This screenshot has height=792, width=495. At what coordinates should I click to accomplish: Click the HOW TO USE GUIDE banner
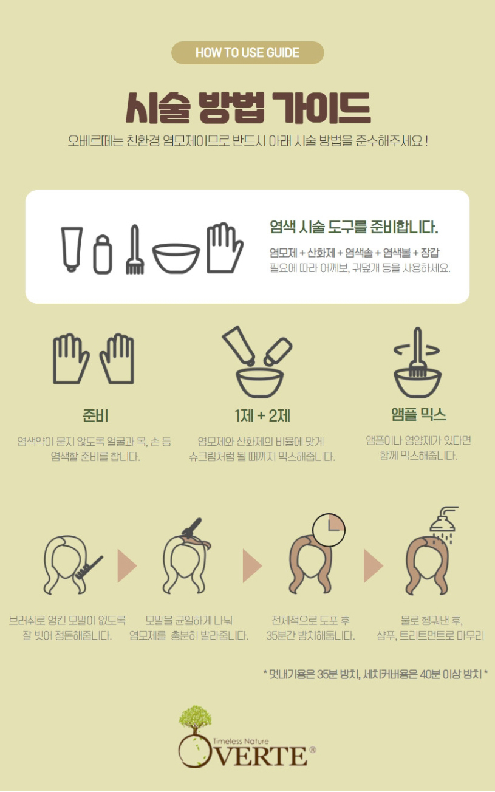tap(248, 53)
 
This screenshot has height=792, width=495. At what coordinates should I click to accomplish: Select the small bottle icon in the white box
tap(103, 254)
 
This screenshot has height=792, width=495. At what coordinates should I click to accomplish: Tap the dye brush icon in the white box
tap(135, 249)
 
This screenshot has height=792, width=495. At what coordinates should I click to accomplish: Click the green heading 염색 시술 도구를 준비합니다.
tap(354, 227)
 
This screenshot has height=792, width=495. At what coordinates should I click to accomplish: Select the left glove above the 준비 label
tap(70, 358)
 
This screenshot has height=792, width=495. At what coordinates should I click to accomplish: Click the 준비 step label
tap(95, 415)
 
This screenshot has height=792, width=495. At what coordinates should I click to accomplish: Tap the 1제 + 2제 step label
tap(262, 415)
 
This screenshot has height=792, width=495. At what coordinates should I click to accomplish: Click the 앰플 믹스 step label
tap(418, 414)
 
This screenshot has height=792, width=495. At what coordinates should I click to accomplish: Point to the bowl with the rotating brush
tap(418, 382)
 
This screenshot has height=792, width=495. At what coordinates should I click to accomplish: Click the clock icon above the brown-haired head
tap(329, 530)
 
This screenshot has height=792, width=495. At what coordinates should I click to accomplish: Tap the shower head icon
tap(444, 524)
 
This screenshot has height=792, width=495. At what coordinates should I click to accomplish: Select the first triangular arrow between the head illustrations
tap(127, 565)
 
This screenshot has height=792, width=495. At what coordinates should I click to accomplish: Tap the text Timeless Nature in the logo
tap(241, 741)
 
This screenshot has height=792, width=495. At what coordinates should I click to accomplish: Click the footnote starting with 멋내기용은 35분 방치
tap(375, 674)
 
